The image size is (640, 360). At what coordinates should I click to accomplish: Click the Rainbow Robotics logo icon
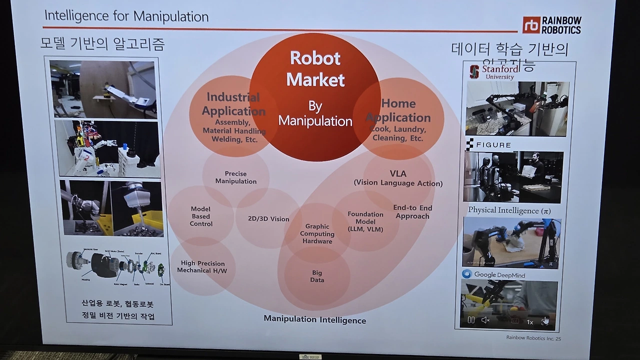pos(531,24)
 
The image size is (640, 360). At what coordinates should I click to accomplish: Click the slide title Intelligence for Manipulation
pos(126,16)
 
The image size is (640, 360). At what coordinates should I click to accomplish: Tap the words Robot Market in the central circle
pos(315,69)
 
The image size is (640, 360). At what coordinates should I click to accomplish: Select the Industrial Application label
pos(233,104)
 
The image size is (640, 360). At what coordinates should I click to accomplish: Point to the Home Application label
pos(398,110)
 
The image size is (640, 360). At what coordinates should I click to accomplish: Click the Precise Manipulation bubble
pos(236,177)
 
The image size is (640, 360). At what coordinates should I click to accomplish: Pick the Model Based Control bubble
pos(201,216)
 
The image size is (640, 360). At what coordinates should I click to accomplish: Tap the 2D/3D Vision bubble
pos(268,219)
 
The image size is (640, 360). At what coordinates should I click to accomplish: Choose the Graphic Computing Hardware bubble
pos(317,233)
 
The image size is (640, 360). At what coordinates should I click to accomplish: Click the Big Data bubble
pos(317,276)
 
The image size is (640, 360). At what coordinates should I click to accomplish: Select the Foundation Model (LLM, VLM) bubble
pos(365,221)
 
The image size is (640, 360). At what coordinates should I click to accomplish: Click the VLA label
pos(398,174)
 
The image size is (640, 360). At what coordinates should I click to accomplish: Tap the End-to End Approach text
pos(412,212)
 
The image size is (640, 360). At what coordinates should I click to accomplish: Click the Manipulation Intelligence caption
pos(314,319)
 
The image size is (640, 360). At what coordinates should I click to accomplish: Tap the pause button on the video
pos(471,320)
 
